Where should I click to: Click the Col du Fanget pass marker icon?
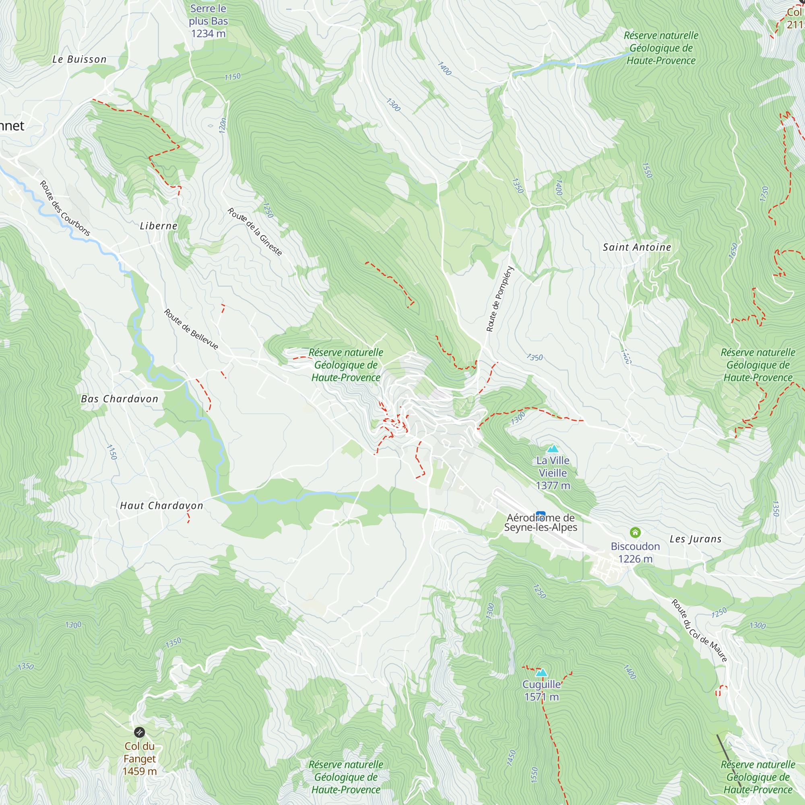coord(139,732)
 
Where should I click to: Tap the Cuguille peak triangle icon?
coord(541,673)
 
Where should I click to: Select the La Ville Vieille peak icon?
coord(553,449)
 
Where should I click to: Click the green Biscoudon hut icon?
coord(635,532)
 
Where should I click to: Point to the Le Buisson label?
coord(79,60)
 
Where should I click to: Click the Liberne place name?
coord(158,226)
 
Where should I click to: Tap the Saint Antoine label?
coord(637,248)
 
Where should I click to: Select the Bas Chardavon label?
coord(120,399)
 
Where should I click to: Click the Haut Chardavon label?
coord(161,506)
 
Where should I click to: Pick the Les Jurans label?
coord(696,539)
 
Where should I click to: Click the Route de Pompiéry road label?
coord(500,299)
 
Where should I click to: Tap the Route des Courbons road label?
coord(64,208)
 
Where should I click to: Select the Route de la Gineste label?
coord(255,232)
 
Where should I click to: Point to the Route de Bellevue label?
coord(191,329)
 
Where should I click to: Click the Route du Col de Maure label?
coord(699,630)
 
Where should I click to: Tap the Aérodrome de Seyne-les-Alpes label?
coord(541,522)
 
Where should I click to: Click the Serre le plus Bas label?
coord(208,21)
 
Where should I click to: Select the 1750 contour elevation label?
coord(764,194)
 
